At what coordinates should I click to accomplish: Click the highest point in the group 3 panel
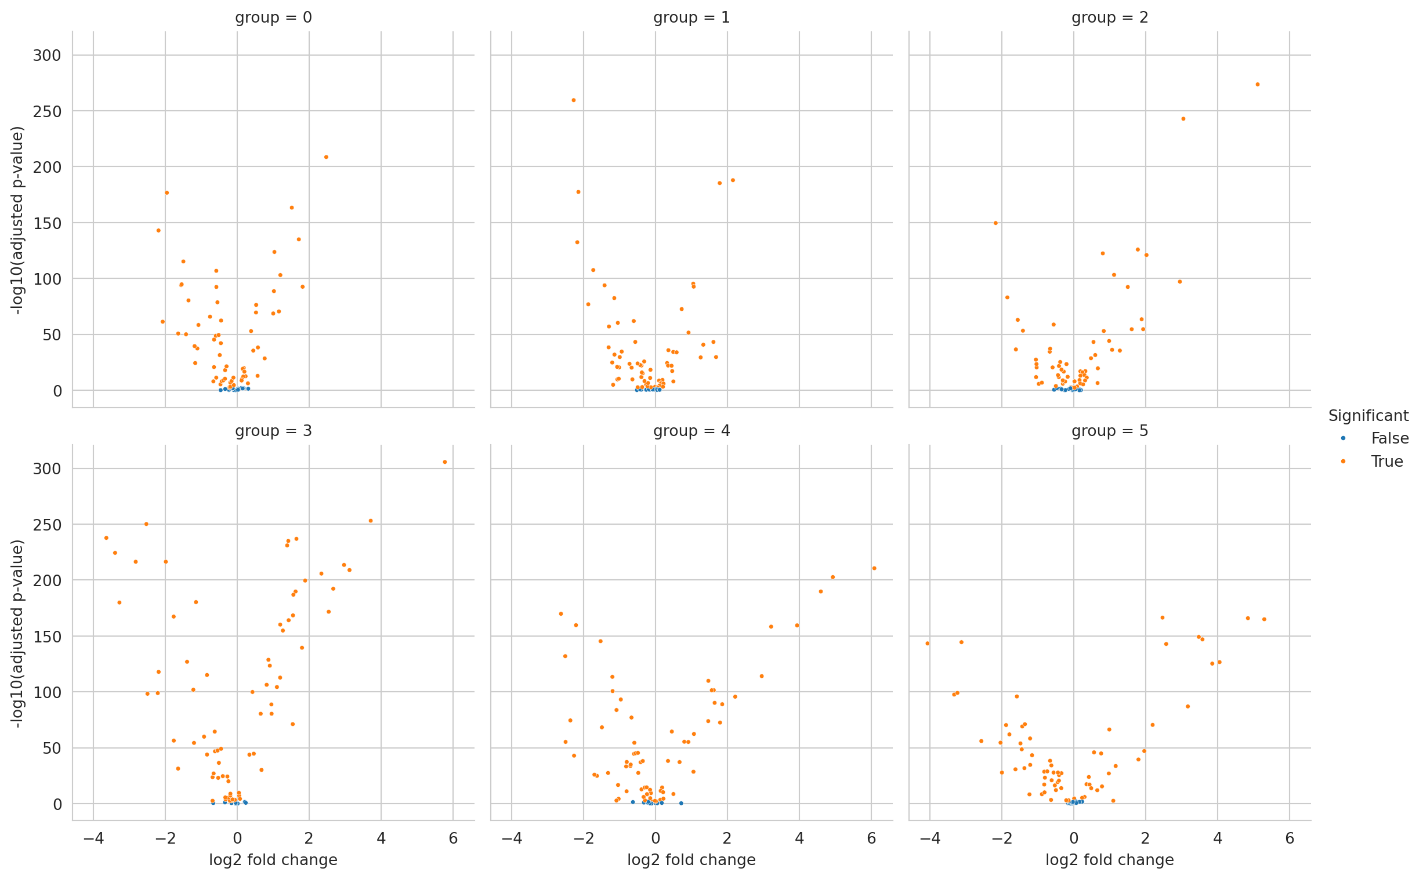click(445, 462)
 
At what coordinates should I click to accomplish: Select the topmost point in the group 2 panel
click(1257, 84)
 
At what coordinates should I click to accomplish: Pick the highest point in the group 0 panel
click(326, 157)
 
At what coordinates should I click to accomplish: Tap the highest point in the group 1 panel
click(573, 100)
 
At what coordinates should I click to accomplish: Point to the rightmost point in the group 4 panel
click(874, 569)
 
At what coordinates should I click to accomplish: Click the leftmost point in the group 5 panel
click(928, 644)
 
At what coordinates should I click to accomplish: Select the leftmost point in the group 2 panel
click(995, 223)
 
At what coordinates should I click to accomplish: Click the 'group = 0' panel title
click(273, 17)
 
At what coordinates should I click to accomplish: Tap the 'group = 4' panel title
click(691, 431)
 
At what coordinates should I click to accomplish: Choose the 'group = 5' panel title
click(1110, 431)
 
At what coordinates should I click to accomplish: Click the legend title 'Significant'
click(1368, 416)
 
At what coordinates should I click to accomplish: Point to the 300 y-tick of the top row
click(47, 55)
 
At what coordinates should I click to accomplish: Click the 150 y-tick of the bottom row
click(47, 637)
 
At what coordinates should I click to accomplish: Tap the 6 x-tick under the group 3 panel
click(453, 838)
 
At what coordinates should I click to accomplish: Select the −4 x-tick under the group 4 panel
click(511, 838)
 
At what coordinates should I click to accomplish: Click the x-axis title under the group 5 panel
click(1110, 860)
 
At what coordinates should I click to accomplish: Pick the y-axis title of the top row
click(17, 220)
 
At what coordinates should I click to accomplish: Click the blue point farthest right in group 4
click(681, 804)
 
